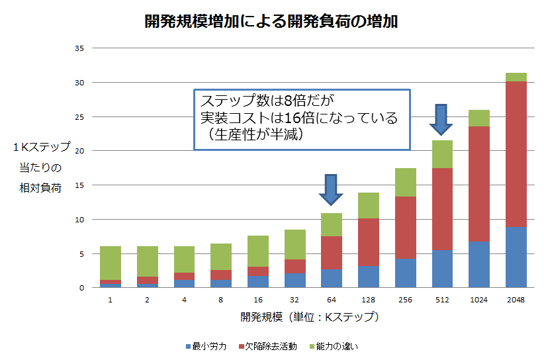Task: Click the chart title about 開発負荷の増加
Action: (271, 21)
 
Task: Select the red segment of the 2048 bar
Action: (516, 154)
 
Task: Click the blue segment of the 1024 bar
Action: (479, 265)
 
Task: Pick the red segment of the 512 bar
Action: (442, 208)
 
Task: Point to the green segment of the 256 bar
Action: (406, 182)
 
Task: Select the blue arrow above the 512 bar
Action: (441, 120)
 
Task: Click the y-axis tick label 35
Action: (79, 48)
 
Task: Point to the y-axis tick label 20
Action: (79, 151)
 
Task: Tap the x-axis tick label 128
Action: (369, 300)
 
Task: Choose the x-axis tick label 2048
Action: (516, 300)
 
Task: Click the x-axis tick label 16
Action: (258, 300)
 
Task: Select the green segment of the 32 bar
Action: (295, 244)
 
